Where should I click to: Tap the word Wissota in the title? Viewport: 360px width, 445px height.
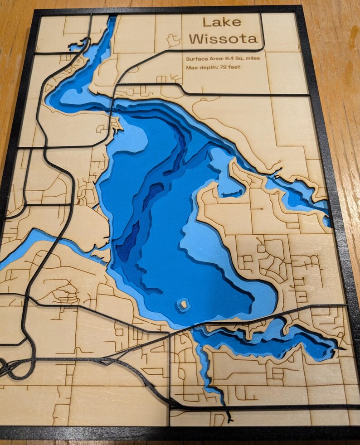click(x=224, y=39)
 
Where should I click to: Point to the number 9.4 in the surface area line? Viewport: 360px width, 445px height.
click(x=230, y=59)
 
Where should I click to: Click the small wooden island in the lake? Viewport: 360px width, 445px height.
click(x=183, y=304)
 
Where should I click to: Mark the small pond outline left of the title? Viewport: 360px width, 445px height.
click(x=172, y=41)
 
